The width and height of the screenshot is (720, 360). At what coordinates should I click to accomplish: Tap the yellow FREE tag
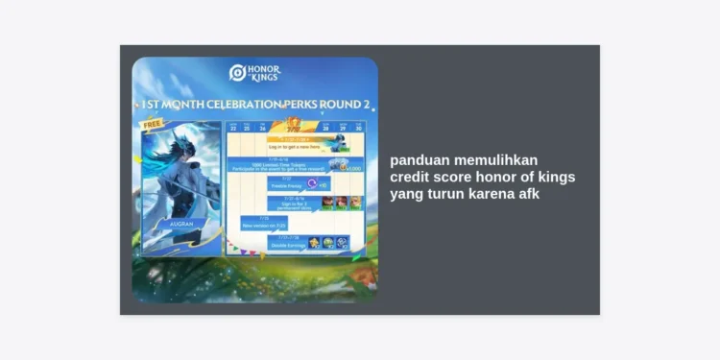152,125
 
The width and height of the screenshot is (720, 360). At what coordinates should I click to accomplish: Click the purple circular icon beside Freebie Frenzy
313,182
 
